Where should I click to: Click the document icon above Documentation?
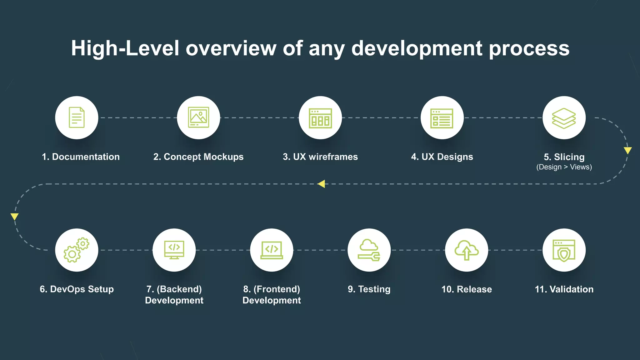click(x=77, y=117)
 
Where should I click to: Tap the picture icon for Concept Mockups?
click(x=198, y=117)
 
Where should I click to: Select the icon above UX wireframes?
click(x=320, y=118)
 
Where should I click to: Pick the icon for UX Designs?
click(x=442, y=118)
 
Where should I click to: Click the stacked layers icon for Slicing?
click(x=564, y=118)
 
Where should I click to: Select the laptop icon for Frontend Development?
click(x=272, y=250)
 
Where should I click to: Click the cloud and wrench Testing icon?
click(x=369, y=250)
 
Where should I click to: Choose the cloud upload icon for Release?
click(x=467, y=250)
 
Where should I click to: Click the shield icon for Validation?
click(x=564, y=250)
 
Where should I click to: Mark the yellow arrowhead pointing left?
click(x=321, y=184)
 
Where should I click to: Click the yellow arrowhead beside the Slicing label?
click(x=627, y=151)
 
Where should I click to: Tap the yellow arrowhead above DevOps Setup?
click(x=14, y=217)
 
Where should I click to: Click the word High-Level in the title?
click(x=125, y=48)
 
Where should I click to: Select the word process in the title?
click(x=529, y=48)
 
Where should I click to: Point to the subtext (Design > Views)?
click(x=564, y=167)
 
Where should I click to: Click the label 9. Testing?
click(x=369, y=289)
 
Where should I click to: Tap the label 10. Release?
click(x=467, y=289)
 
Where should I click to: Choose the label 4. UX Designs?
click(x=442, y=157)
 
